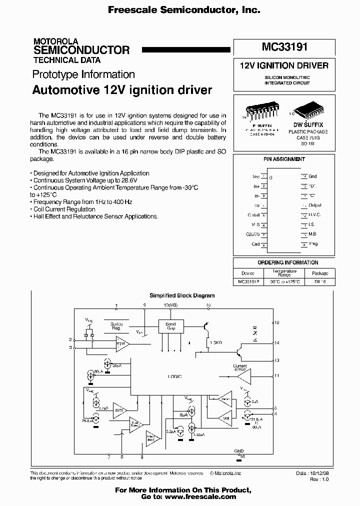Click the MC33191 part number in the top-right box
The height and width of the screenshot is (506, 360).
click(x=284, y=47)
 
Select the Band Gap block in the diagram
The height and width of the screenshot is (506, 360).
click(x=171, y=326)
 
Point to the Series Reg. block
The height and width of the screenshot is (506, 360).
click(x=116, y=326)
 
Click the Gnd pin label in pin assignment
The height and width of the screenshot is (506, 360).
click(x=312, y=176)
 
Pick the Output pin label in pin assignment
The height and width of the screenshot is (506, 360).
click(x=314, y=205)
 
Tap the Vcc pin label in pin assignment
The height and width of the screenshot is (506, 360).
click(x=256, y=176)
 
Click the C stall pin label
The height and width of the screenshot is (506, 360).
click(x=254, y=215)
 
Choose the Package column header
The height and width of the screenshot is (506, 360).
click(x=320, y=273)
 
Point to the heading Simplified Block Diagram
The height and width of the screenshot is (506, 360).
click(x=182, y=295)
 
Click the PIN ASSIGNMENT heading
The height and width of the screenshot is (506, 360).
click(x=284, y=159)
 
